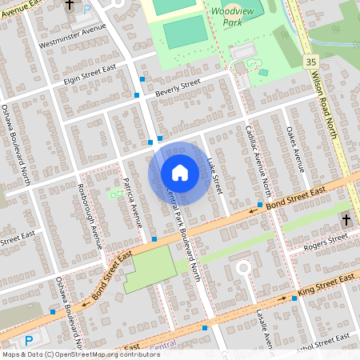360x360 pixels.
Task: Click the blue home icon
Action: [180, 172]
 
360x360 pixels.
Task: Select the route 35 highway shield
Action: [310, 62]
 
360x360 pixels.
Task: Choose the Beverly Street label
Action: [178, 85]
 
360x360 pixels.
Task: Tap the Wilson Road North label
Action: [327, 96]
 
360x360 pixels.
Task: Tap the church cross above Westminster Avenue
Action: [69, 5]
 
